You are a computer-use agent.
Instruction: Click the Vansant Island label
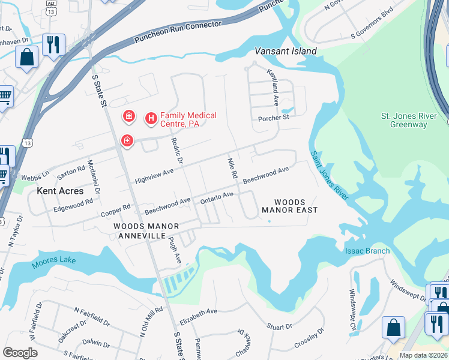point(286,51)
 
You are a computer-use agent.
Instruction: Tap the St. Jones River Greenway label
point(404,120)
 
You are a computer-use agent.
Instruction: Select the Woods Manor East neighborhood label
point(289,206)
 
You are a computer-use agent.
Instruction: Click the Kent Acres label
point(60,191)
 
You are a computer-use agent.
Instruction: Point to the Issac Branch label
point(367,251)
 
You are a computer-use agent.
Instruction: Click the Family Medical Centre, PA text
point(188,119)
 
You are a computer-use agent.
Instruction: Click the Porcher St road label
point(274,118)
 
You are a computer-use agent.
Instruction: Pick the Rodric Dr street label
point(176,151)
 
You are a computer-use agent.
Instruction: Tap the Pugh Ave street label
point(175,249)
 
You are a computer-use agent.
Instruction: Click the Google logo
point(20,353)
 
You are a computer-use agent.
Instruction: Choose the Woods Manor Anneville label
point(146,231)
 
